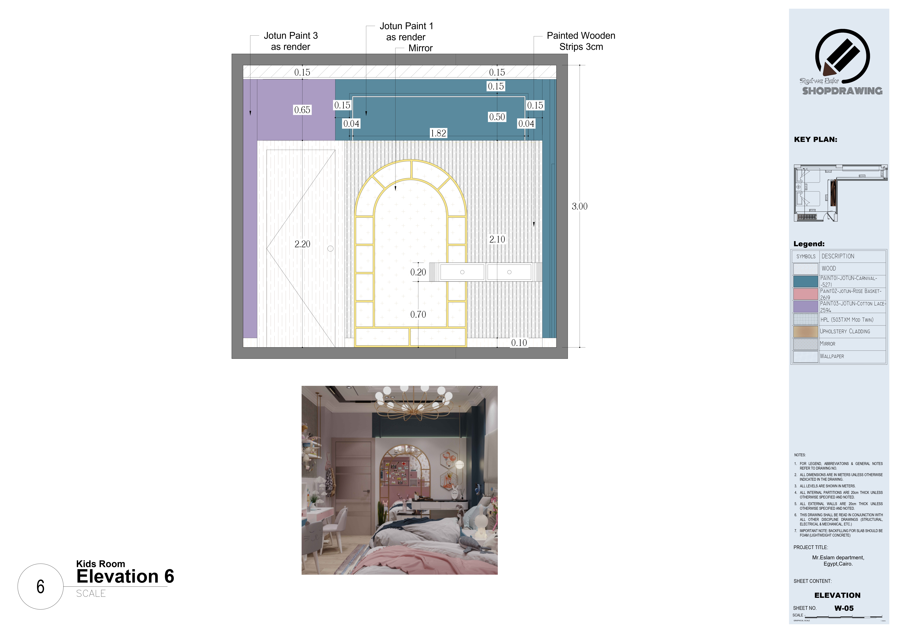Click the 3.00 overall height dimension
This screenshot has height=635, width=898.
(579, 206)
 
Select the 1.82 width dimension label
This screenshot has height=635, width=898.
(438, 133)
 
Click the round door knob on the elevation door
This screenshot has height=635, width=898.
(330, 249)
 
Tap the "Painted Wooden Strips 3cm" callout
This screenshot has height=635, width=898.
(581, 41)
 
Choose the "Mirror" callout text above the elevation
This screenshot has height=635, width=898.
(420, 48)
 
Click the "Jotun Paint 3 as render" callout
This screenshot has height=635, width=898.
(291, 41)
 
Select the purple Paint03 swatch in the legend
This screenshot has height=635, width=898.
(806, 307)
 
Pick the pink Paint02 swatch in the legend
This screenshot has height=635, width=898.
(806, 294)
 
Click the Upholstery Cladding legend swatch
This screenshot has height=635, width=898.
(806, 332)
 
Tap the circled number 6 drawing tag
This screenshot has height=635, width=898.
(40, 587)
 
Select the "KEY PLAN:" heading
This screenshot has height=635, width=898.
(816, 140)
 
